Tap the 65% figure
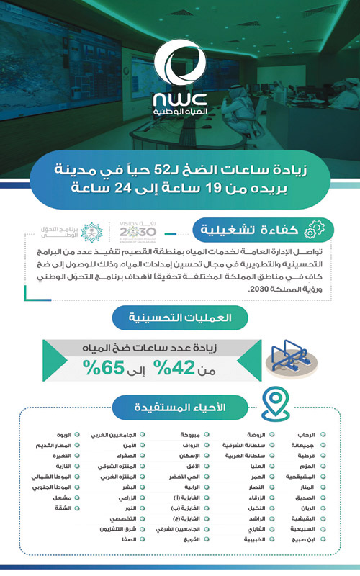(x=104, y=369)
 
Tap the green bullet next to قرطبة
(x=322, y=456)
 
